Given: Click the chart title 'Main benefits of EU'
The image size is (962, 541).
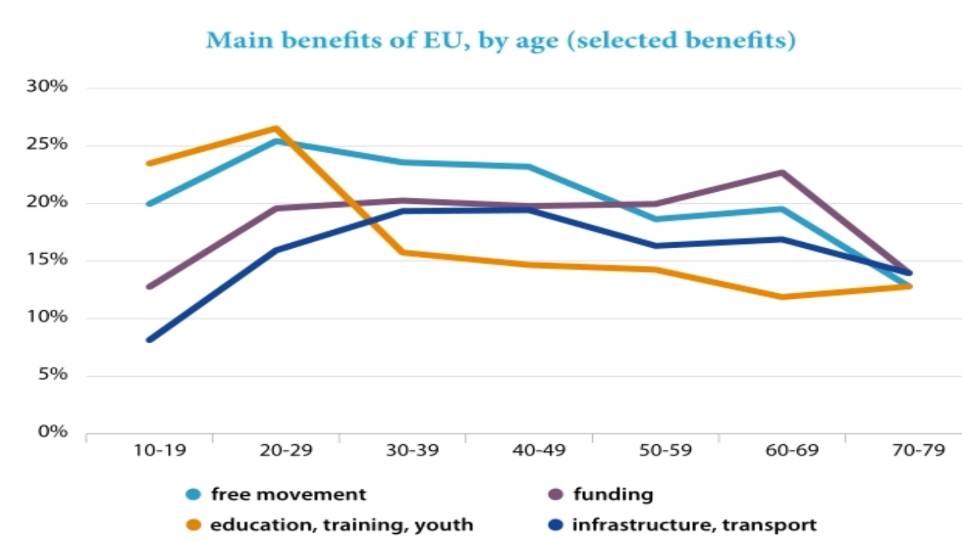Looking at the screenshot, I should [x=500, y=40].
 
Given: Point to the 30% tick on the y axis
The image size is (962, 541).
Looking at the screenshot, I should [x=47, y=87].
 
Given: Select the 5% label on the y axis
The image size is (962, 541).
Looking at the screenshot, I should [x=53, y=374].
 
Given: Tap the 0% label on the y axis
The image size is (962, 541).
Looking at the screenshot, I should [x=53, y=432].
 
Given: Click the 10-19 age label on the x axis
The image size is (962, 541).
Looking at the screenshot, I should [x=160, y=450].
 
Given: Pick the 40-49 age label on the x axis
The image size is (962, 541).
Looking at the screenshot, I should [x=539, y=450].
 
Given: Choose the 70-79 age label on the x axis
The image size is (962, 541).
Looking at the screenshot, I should [x=918, y=450].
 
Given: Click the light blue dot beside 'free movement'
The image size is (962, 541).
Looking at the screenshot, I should [x=194, y=495].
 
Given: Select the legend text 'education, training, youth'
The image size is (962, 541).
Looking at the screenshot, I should [x=342, y=525].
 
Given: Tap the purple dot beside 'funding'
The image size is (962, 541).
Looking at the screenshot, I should [x=556, y=495].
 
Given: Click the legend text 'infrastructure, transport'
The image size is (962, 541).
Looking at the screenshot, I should [x=694, y=525].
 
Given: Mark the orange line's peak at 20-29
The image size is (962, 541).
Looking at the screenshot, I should [x=276, y=128].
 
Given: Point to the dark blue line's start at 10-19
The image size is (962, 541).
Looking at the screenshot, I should [x=149, y=340].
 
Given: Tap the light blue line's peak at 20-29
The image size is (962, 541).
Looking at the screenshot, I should [x=276, y=142].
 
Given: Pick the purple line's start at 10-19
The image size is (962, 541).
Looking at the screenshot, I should [x=149, y=287].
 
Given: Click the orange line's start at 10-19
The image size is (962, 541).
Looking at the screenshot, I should [x=149, y=164].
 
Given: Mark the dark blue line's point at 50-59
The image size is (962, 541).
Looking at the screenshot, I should [x=655, y=246].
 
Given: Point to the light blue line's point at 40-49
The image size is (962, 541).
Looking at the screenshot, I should [x=529, y=167].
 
